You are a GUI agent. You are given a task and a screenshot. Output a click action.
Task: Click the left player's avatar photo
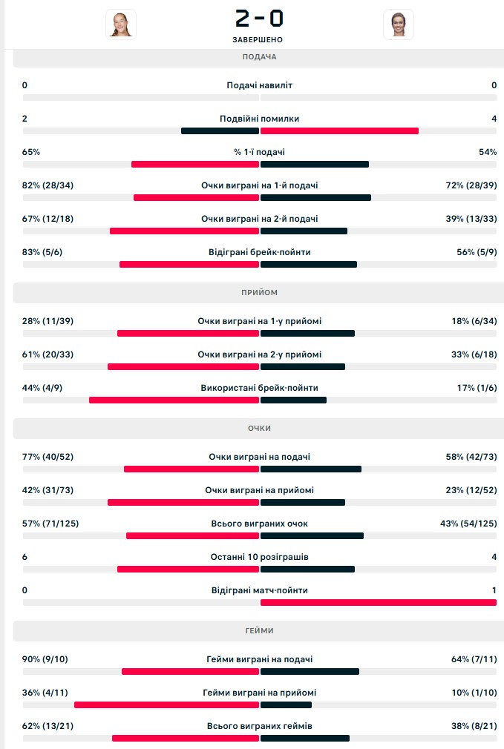coord(120,24)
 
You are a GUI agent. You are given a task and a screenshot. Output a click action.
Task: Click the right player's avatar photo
coord(399,24)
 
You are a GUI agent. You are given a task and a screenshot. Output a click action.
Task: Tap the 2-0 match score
coord(259,18)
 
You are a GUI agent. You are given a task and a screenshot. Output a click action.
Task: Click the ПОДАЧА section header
coord(259,57)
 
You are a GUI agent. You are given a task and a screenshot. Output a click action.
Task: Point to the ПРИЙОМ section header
coord(259,293)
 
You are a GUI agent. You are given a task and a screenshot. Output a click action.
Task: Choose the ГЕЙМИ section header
coord(259,630)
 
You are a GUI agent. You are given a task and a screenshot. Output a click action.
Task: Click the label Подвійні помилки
coord(259,119)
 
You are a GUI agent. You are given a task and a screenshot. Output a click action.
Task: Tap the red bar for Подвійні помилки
coord(339,131)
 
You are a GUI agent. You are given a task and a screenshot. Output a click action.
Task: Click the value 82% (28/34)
coord(48,185)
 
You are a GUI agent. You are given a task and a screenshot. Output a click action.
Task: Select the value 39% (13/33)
coord(471,219)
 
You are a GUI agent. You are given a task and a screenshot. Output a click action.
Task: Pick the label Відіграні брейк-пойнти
coord(259,252)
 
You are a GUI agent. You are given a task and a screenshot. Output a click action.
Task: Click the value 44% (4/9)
coord(42,388)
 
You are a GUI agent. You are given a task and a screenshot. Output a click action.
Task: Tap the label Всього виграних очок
coord(259,524)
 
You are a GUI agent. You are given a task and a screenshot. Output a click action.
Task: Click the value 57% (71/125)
coord(50,524)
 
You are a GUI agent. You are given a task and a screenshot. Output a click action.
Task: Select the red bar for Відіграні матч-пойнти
coord(378,602)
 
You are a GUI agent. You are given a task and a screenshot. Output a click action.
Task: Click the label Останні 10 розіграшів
coord(259,557)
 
